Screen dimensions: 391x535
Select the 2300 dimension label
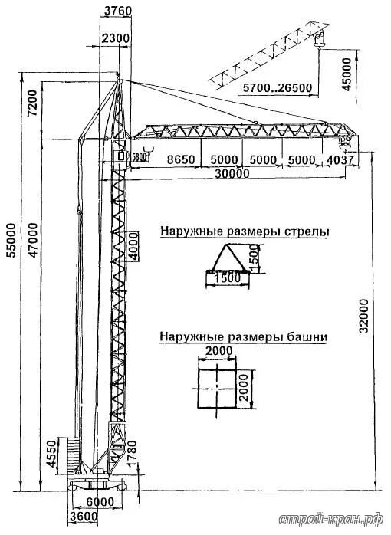115,38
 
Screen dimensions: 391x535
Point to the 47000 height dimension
33,240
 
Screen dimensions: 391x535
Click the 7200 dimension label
32,103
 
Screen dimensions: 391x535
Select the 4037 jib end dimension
340,159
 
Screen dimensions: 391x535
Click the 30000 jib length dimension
232,174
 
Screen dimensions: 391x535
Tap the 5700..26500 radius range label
277,88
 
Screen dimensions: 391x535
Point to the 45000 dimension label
346,74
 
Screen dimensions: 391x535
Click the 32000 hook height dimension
363,316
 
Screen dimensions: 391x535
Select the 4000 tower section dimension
134,246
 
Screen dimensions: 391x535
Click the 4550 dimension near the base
51,453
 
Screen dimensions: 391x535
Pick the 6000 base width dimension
100,502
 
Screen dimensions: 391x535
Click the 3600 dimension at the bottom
84,517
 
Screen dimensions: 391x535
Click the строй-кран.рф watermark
331,520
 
